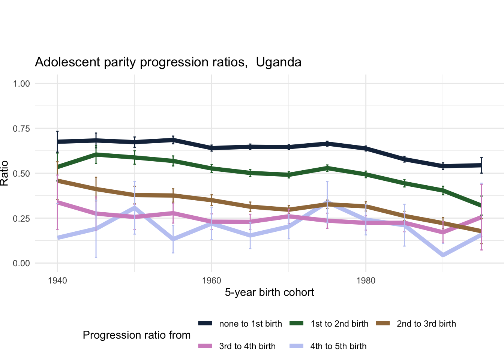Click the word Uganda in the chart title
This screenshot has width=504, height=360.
click(x=279, y=62)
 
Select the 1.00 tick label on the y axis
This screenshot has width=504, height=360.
click(x=21, y=84)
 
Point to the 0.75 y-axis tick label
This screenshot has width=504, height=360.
click(x=21, y=129)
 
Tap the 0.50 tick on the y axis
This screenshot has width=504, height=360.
click(x=21, y=174)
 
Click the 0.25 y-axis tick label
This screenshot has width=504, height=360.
click(x=21, y=219)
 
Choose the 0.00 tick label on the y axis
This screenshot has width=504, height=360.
click(x=21, y=264)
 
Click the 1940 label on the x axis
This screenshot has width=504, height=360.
click(x=57, y=281)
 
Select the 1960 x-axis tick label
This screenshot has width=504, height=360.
click(x=211, y=281)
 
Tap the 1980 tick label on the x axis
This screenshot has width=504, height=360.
click(x=366, y=281)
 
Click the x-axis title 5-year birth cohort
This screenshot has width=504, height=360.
click(x=269, y=292)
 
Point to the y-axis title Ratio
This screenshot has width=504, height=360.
click(x=4, y=173)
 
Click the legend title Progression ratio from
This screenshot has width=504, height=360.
click(x=136, y=335)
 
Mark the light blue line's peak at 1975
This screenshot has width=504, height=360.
click(x=327, y=202)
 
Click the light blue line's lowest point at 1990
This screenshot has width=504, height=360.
click(x=443, y=255)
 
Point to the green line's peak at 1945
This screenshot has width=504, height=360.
click(x=96, y=154)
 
